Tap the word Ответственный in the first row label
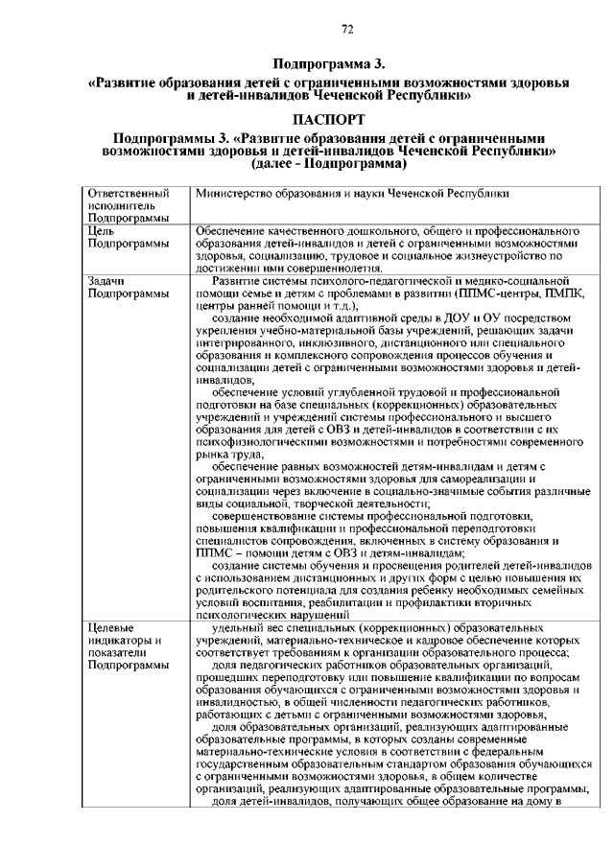click(121, 194)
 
